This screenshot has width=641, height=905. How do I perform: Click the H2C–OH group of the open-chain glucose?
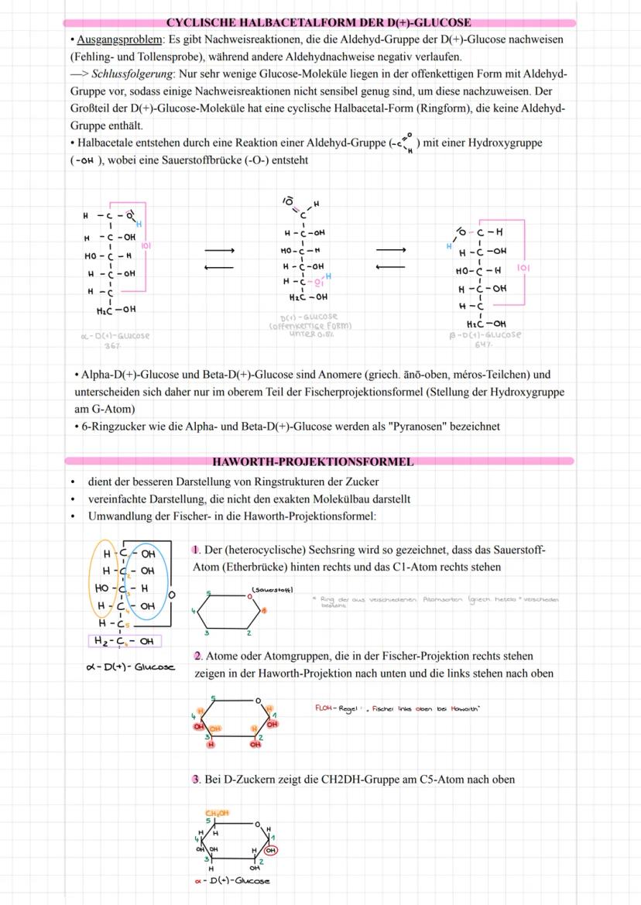(x=307, y=296)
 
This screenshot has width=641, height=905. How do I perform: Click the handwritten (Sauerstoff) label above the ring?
(x=272, y=590)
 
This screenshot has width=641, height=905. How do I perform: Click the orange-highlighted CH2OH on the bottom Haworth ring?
(x=217, y=812)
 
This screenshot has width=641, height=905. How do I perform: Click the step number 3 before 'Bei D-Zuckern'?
(x=197, y=780)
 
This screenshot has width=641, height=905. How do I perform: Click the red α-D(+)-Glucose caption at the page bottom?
(x=232, y=882)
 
